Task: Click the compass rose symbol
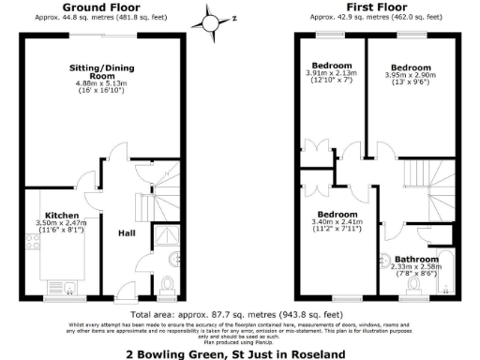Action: [209, 18]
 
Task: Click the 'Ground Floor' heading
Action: [95, 7]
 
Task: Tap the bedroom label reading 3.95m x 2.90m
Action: [410, 68]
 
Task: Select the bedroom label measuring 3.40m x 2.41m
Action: [338, 214]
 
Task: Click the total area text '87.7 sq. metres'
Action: [218, 314]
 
